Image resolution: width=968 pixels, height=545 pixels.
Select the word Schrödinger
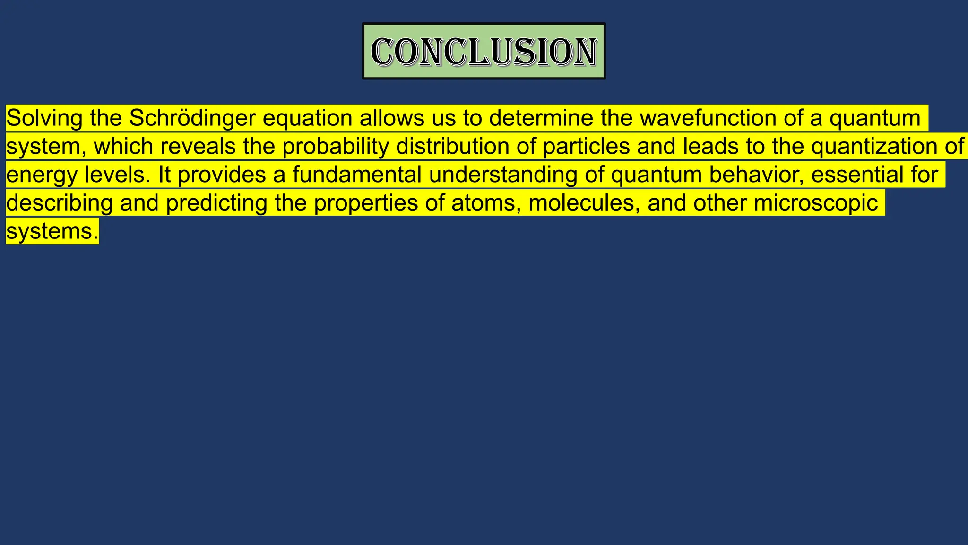[192, 118]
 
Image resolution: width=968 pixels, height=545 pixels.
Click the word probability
[336, 147]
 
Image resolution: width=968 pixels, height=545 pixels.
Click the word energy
[42, 175]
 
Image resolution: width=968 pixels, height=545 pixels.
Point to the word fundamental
[357, 175]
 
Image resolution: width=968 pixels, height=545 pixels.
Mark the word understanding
[503, 175]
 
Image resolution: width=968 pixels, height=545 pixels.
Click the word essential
[857, 175]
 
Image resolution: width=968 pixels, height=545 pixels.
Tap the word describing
[60, 203]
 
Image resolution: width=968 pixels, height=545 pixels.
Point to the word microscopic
[816, 203]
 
